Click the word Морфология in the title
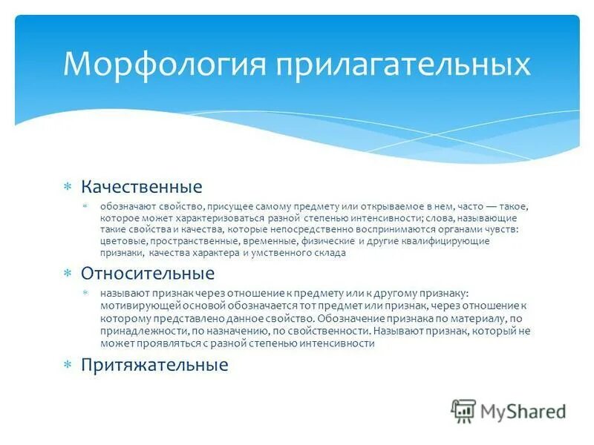click(165, 64)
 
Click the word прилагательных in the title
click(403, 64)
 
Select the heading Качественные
click(141, 186)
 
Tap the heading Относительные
click(147, 274)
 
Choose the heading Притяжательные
click(154, 365)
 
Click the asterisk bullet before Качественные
click(67, 187)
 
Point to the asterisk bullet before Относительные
click(67, 274)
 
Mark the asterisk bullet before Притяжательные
click(67, 366)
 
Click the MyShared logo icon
click(463, 411)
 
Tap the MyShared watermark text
click(523, 412)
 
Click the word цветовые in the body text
click(124, 242)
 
